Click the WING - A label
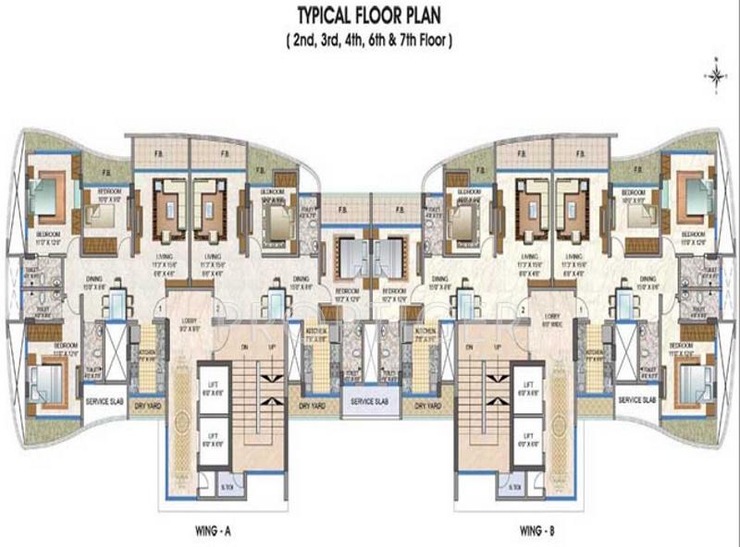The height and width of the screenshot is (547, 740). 220,531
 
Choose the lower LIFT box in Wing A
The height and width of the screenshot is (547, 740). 213,439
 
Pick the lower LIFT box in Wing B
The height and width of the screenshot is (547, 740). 527,439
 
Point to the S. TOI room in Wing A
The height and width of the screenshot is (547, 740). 227,486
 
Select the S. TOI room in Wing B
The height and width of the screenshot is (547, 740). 513,486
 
